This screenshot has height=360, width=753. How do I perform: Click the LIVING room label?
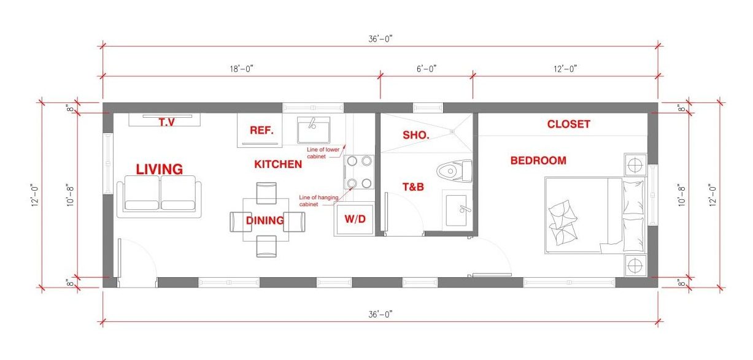click(160, 169)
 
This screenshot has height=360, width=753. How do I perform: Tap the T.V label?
click(167, 122)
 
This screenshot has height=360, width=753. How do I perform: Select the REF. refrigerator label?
click(261, 130)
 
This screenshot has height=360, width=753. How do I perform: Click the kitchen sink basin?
click(314, 130)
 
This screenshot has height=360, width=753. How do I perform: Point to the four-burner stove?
click(359, 172)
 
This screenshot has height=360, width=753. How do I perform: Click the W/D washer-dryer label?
click(355, 219)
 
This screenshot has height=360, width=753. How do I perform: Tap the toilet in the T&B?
click(454, 171)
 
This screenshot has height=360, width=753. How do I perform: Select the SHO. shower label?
click(416, 135)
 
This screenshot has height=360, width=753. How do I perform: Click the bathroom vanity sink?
click(457, 210)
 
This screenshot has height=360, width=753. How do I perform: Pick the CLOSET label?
click(568, 124)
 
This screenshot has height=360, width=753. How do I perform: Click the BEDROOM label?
click(538, 161)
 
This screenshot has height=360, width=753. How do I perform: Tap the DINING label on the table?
click(265, 220)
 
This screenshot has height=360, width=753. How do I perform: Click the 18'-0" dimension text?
click(241, 69)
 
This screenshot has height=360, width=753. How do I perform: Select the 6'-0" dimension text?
click(427, 69)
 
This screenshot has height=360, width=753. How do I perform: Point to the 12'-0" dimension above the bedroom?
click(565, 69)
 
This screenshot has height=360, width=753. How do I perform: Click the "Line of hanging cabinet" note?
click(319, 201)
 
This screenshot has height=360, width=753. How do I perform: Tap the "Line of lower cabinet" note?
click(323, 153)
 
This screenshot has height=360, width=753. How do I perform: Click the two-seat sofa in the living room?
click(160, 196)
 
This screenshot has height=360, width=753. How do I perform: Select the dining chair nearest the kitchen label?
click(266, 193)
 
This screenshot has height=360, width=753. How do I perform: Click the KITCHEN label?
click(278, 164)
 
